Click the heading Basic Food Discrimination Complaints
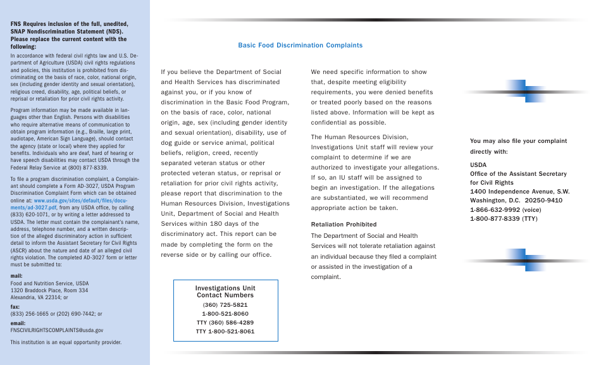click(x=300, y=46)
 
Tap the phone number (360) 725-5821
click(x=225, y=304)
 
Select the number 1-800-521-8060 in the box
click(x=225, y=313)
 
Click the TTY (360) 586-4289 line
click(x=225, y=322)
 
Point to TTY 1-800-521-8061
click(x=225, y=331)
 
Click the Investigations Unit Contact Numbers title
click(x=225, y=292)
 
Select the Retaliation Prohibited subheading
click(x=344, y=225)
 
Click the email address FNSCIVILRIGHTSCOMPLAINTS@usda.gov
click(x=57, y=330)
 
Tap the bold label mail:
click(x=17, y=276)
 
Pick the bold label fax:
click(x=15, y=306)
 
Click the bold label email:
click(x=18, y=323)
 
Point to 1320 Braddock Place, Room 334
click(x=49, y=290)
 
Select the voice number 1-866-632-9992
click(x=505, y=209)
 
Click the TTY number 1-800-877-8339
click(x=504, y=218)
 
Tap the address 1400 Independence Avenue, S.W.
click(x=519, y=192)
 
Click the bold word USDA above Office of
click(x=478, y=164)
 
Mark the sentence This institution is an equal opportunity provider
click(x=66, y=342)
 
